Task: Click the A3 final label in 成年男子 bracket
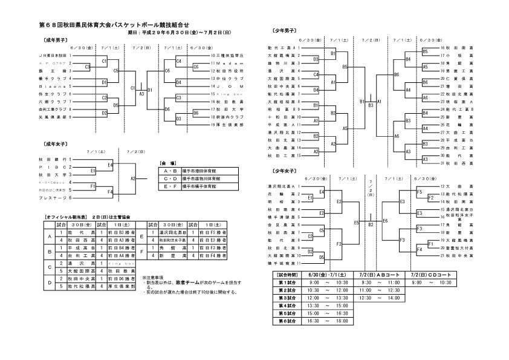click(141, 94)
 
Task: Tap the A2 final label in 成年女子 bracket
click(133, 178)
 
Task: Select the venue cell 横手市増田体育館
click(203, 171)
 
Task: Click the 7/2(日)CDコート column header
click(431, 275)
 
